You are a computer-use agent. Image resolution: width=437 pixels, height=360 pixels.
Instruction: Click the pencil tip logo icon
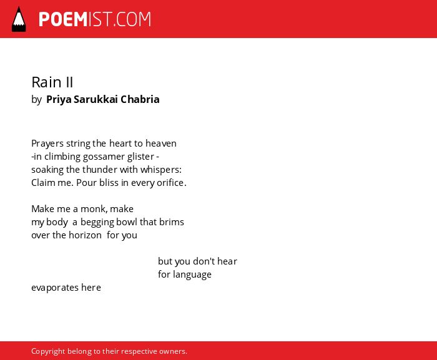(x=19, y=19)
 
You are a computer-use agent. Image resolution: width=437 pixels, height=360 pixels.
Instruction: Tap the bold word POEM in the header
(x=63, y=19)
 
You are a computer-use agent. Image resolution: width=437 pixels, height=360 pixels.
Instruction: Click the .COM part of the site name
(x=132, y=19)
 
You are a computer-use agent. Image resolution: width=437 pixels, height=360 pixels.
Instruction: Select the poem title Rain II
(x=52, y=82)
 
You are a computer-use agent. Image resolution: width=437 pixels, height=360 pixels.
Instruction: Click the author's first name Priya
(x=59, y=99)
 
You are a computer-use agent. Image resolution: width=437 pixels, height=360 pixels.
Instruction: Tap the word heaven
(x=161, y=144)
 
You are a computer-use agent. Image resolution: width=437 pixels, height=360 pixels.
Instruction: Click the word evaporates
(x=55, y=288)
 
